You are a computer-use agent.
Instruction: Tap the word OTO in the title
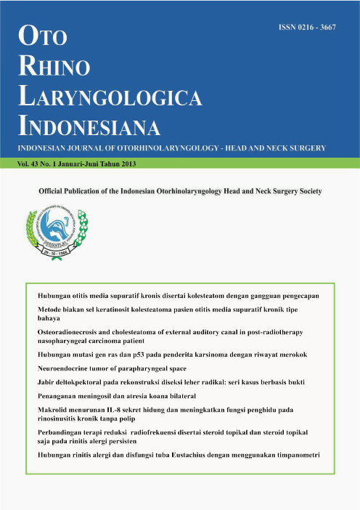pos(44,36)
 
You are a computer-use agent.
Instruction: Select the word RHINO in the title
pos(56,67)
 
